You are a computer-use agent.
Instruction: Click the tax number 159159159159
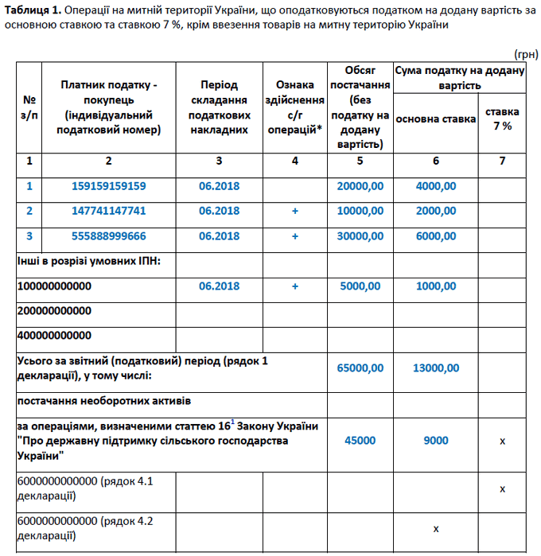click(x=110, y=186)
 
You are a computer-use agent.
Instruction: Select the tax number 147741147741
click(x=110, y=211)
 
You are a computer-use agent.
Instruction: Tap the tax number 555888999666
click(x=110, y=236)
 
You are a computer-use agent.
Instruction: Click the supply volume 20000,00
click(x=360, y=186)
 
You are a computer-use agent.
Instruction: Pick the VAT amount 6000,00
click(x=435, y=236)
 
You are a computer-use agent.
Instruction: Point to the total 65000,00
click(x=360, y=367)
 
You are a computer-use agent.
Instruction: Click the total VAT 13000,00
click(x=435, y=367)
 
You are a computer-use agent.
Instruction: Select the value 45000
click(x=360, y=441)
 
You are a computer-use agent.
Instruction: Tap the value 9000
click(x=435, y=441)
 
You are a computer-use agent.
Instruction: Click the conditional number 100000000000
click(x=54, y=286)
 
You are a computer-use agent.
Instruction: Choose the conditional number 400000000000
click(x=54, y=336)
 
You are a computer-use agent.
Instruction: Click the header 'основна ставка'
click(x=435, y=119)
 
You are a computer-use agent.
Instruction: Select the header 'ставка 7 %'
click(x=502, y=119)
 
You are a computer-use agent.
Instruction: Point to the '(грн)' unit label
click(x=525, y=54)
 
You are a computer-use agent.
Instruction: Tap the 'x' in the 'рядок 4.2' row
click(x=435, y=527)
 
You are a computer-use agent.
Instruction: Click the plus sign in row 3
click(x=295, y=236)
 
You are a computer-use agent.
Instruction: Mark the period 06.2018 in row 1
click(x=219, y=186)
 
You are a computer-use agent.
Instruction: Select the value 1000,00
click(x=435, y=286)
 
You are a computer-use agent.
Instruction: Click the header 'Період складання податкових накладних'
click(x=219, y=107)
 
